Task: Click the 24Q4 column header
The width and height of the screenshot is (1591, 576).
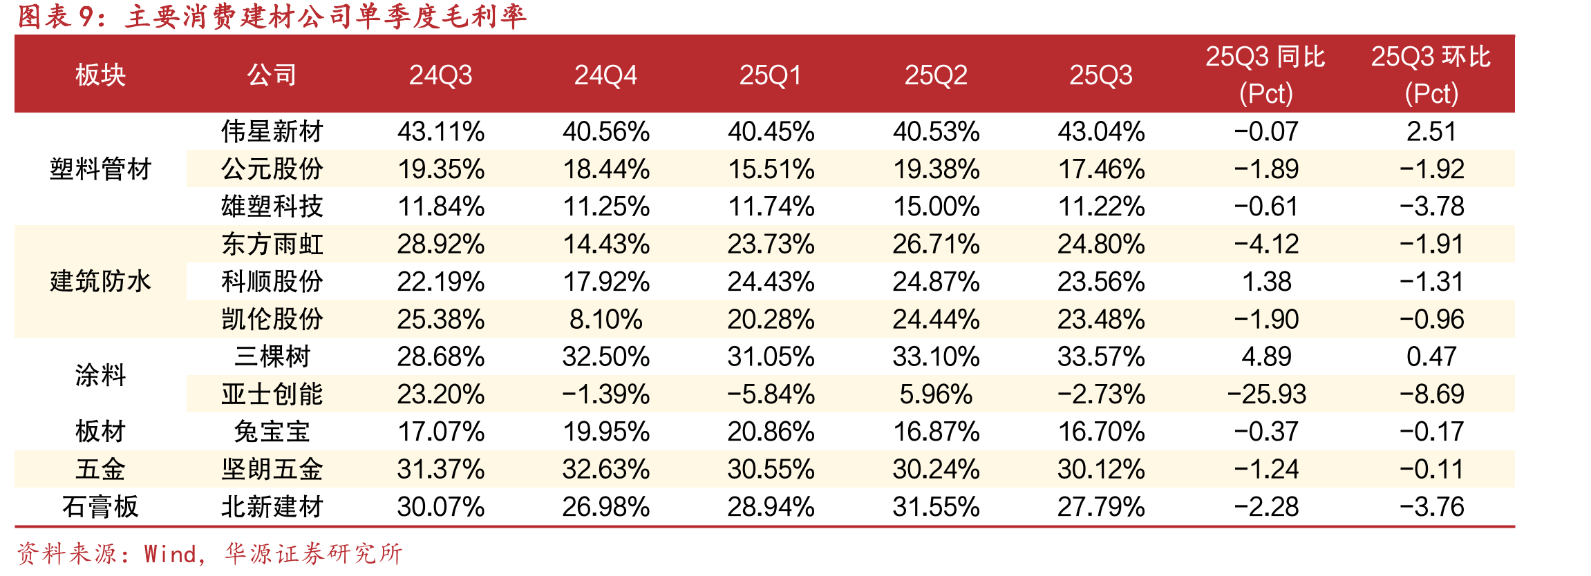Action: click(605, 75)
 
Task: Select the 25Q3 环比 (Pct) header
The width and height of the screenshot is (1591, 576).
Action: click(1431, 75)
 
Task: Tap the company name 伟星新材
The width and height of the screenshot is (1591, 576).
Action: click(272, 131)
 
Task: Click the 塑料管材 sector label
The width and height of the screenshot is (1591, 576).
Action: click(100, 169)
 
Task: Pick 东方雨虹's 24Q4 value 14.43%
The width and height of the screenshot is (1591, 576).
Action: click(605, 244)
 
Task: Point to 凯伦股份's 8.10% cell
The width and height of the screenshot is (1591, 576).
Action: click(605, 319)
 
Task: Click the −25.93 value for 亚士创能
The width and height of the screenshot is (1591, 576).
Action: click(1266, 394)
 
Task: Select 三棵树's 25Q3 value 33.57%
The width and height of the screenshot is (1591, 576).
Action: click(1101, 356)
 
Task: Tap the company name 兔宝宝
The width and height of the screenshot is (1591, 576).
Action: click(272, 432)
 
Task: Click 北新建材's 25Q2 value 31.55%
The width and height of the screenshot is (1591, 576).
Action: click(936, 507)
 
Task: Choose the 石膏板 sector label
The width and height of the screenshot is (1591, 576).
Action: click(100, 507)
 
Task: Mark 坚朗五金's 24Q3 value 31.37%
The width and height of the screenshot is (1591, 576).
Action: click(441, 470)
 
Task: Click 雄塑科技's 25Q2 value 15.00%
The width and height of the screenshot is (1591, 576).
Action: click(936, 207)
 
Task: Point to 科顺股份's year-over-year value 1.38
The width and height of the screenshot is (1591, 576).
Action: click(1266, 282)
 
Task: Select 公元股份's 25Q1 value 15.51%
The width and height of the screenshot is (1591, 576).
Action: click(771, 169)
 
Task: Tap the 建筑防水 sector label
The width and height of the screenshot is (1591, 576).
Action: click(100, 281)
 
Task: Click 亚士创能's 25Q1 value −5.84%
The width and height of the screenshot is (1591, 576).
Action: click(771, 394)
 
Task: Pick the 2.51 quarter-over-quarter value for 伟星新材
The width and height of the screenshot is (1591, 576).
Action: click(1431, 131)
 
